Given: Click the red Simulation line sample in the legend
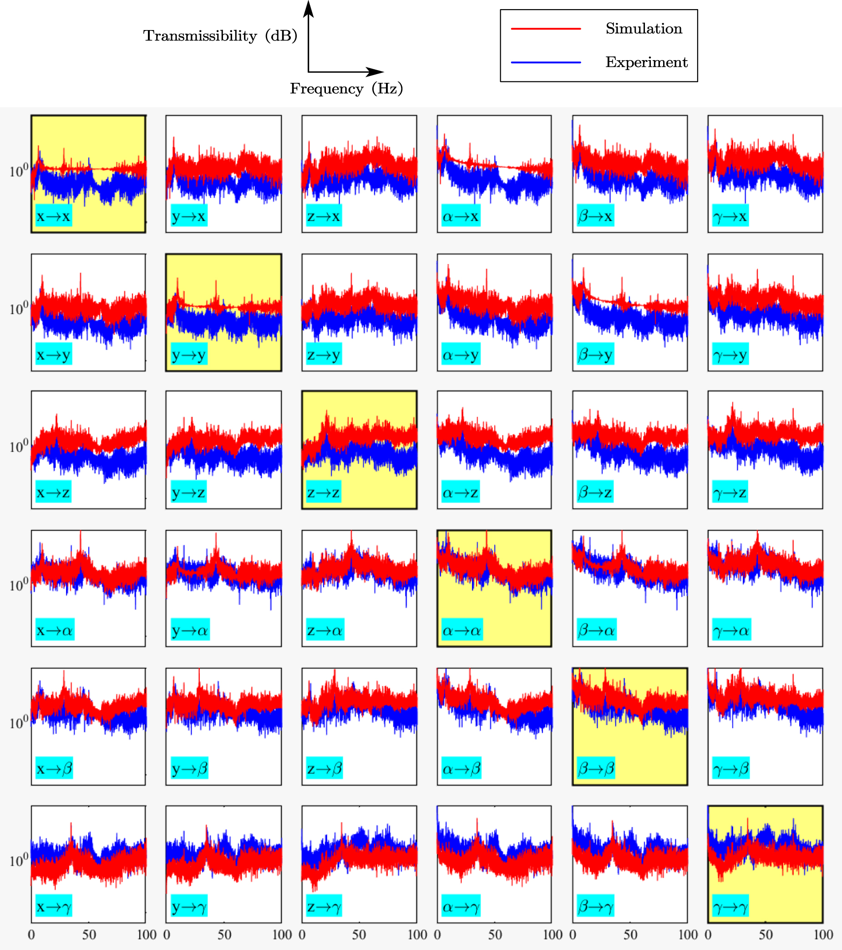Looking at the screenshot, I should pos(546,29).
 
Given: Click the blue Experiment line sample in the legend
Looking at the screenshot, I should pos(546,62).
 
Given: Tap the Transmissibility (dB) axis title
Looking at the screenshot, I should pos(220,36).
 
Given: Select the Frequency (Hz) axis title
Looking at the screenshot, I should pos(346,88).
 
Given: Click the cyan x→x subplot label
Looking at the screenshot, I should pos(53,216).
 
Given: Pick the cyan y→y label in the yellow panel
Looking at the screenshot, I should pos(189,354).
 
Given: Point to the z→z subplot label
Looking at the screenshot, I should pos(324,492).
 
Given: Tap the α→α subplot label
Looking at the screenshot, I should pos(462,630).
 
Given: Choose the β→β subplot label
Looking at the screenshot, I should pos(596,769).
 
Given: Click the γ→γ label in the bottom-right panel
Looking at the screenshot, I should pos(730,906).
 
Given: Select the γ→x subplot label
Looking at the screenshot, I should pos(730,216).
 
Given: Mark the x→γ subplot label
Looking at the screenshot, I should pos(53,906).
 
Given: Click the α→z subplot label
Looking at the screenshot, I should pos(460,492).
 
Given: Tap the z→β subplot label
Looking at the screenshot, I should pos(325,769).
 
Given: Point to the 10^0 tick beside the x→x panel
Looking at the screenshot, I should pos(19,171).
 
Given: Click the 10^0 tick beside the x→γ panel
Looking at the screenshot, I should pos(19,860).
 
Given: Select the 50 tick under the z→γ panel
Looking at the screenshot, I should pos(359,935).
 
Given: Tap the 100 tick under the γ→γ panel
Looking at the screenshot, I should pos(823,935).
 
